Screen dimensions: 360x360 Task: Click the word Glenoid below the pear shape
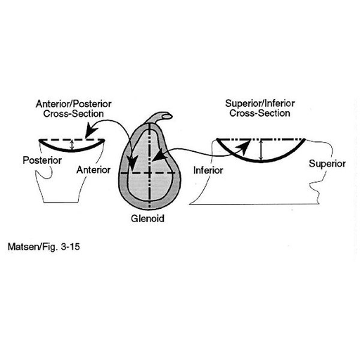(148, 219)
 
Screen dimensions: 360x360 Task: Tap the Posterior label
(42, 160)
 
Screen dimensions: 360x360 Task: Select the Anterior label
(94, 170)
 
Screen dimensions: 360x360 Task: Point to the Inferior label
(208, 170)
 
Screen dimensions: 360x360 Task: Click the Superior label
(327, 164)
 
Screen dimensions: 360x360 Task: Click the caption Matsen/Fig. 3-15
(44, 247)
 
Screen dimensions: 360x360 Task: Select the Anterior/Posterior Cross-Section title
(73, 109)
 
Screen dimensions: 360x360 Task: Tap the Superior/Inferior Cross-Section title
(260, 108)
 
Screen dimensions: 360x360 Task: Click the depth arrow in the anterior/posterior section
(72, 145)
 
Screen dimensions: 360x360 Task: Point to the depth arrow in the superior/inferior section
(262, 150)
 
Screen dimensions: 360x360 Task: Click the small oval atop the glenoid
(167, 116)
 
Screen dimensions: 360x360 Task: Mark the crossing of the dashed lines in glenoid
(149, 173)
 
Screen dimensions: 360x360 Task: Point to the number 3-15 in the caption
(70, 247)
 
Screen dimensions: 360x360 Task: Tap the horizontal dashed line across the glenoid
(148, 173)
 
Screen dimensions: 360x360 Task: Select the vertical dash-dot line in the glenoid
(149, 166)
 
